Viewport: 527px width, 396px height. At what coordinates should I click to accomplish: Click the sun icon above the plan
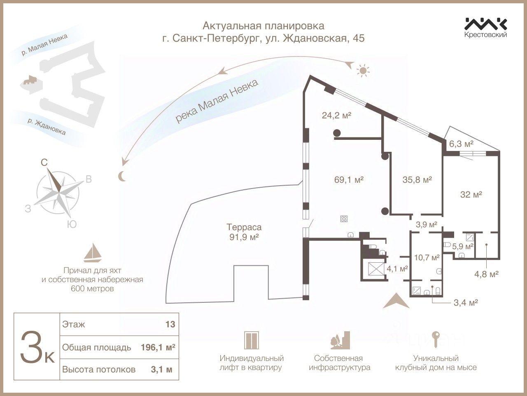click(x=362, y=71)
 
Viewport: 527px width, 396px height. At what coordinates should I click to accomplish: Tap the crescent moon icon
click(x=122, y=176)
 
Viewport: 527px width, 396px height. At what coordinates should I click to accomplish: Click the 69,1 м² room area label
click(x=349, y=180)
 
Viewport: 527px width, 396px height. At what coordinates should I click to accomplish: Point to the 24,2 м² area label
click(x=336, y=115)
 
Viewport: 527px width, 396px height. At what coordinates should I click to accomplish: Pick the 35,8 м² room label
click(x=417, y=180)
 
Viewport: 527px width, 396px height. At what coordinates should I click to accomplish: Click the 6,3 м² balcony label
click(x=461, y=144)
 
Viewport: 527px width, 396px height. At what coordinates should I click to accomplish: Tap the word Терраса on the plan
click(x=244, y=227)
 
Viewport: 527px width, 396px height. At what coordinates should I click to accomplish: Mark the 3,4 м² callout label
click(x=465, y=303)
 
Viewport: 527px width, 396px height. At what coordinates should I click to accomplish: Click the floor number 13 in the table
click(x=170, y=324)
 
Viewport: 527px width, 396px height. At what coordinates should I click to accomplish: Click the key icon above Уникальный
click(x=436, y=339)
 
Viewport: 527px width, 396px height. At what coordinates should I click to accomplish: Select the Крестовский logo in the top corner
click(x=486, y=27)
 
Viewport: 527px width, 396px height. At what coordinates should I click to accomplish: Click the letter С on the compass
click(x=44, y=163)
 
